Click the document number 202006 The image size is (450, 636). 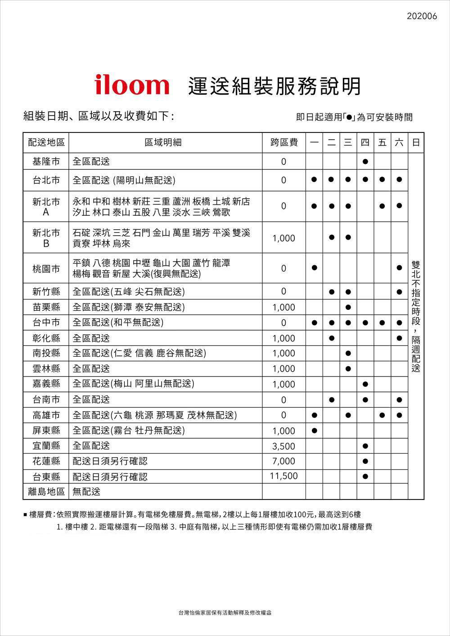point(422,16)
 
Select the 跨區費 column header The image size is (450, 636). point(284,143)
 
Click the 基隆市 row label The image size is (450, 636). point(46,161)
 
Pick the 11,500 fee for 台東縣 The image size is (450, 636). point(284,476)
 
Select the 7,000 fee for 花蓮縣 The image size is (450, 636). point(284,461)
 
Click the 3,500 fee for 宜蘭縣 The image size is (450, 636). point(284,446)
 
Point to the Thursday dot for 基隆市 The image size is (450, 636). point(365,161)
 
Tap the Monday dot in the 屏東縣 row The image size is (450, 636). point(314,431)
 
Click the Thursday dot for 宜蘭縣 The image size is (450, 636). point(365,446)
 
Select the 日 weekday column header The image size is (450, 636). point(416,143)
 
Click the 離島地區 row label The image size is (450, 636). point(46,492)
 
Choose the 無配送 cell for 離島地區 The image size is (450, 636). point(86,492)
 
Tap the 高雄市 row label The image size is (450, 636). point(46,415)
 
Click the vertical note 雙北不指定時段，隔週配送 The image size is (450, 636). point(416,315)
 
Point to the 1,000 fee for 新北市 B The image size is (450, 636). point(284,238)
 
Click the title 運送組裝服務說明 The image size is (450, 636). point(274,86)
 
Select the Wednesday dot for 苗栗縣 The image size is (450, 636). point(348,307)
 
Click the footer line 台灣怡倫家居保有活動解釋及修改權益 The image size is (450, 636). point(225,613)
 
